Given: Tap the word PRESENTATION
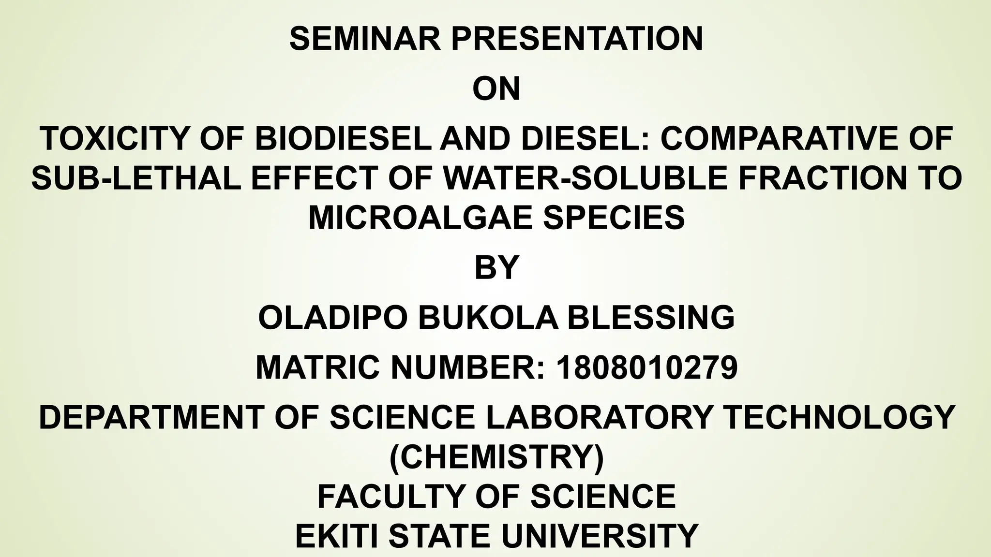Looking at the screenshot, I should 577,39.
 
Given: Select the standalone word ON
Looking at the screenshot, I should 496,89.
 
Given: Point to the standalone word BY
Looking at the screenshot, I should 496,267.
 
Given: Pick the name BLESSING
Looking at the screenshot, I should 651,318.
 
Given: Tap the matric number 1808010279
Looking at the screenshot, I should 647,367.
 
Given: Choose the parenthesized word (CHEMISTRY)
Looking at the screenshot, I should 496,456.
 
